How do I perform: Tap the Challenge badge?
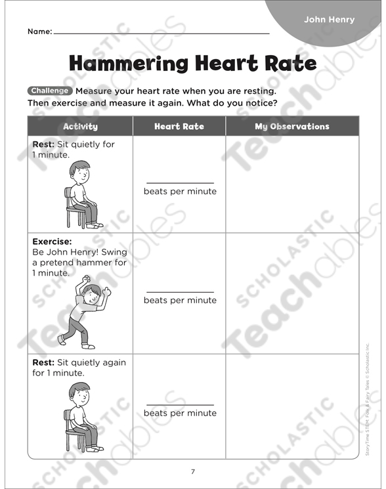49,91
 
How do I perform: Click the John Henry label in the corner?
329,19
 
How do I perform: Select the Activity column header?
80,126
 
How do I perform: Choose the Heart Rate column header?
179,126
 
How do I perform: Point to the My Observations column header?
292,126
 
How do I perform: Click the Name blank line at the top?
161,33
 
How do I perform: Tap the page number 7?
193,471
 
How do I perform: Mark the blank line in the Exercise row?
180,291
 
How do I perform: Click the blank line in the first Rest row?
180,183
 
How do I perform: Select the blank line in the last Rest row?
180,405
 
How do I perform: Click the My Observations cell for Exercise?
292,293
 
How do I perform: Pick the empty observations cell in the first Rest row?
292,184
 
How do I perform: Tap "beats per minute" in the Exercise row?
180,301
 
